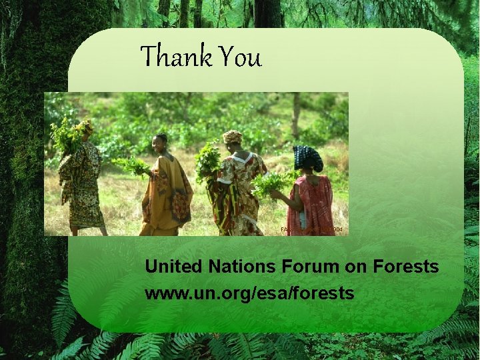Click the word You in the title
tap(238, 57)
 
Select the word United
tap(174, 267)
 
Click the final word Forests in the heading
tap(406, 267)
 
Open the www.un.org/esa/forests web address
tap(249, 293)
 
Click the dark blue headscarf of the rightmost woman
tap(309, 157)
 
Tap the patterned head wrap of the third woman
tap(233, 137)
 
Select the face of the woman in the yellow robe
tap(161, 142)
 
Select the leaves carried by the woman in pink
tap(270, 183)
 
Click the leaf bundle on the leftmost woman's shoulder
tap(67, 137)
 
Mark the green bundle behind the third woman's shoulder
tap(209, 161)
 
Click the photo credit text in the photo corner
tap(313, 229)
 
